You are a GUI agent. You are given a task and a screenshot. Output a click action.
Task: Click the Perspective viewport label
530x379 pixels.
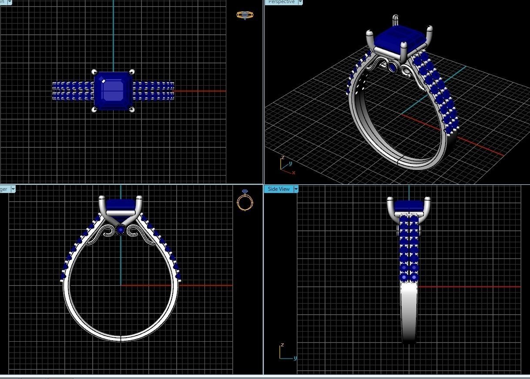(281, 2)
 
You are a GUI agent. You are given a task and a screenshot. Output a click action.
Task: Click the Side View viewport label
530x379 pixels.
(278, 189)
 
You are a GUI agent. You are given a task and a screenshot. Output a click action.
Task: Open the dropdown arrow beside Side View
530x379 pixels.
(296, 189)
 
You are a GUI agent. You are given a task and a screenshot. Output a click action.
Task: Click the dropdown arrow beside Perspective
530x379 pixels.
(300, 2)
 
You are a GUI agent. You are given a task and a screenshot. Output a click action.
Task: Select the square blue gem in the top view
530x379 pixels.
(113, 90)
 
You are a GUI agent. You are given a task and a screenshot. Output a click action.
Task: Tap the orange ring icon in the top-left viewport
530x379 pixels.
(245, 15)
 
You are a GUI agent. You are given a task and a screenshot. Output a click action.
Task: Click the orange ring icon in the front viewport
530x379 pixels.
(245, 201)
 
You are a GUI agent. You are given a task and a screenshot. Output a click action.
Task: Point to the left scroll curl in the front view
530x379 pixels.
(107, 231)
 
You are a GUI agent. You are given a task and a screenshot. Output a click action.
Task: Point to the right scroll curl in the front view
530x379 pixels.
(135, 231)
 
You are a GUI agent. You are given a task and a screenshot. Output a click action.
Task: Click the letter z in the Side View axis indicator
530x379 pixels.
(282, 345)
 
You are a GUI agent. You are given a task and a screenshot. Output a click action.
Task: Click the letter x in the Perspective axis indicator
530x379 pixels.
(294, 173)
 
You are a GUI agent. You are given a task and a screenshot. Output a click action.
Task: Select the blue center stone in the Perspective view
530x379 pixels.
(400, 39)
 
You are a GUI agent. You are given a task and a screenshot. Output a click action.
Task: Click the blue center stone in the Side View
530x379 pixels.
(409, 206)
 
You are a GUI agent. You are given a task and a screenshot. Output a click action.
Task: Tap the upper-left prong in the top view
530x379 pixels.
(94, 72)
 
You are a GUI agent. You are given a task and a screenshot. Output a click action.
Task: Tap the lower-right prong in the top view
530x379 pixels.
(132, 109)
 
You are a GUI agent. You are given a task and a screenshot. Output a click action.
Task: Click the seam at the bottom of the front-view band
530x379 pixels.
(121, 338)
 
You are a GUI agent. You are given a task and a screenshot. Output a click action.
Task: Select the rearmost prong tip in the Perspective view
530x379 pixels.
(396, 18)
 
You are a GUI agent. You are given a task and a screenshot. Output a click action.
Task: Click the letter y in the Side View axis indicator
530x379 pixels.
(295, 358)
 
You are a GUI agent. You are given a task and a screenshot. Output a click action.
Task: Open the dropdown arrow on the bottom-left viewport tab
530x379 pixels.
(13, 189)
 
